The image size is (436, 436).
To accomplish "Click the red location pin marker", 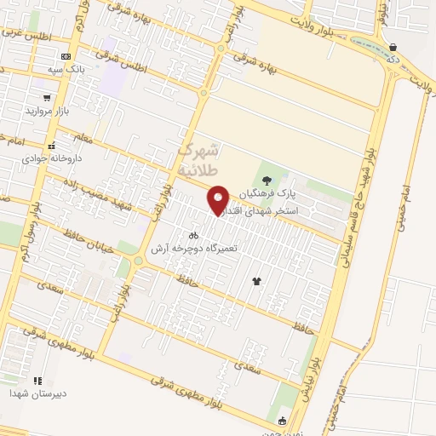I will [219, 199].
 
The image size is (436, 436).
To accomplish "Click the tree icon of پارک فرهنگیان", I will [267, 180].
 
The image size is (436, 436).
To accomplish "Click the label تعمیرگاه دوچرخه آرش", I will [193, 249].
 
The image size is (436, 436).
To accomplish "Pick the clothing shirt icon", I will [256, 280].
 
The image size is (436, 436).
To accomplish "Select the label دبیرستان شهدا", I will [32, 394].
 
